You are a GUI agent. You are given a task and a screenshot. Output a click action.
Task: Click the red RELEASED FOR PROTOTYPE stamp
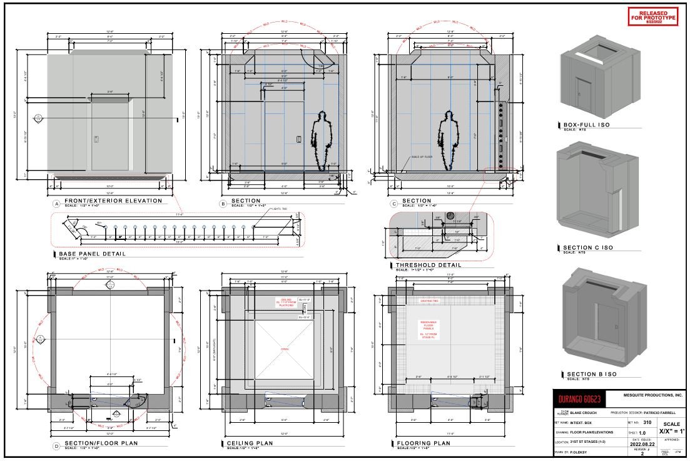[x=652, y=16]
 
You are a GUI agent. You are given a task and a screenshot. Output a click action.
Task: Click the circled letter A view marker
[x=56, y=204]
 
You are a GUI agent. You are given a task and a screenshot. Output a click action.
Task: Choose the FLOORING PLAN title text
[x=423, y=443]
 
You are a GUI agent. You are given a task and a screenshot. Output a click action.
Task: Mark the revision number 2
[x=642, y=453]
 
